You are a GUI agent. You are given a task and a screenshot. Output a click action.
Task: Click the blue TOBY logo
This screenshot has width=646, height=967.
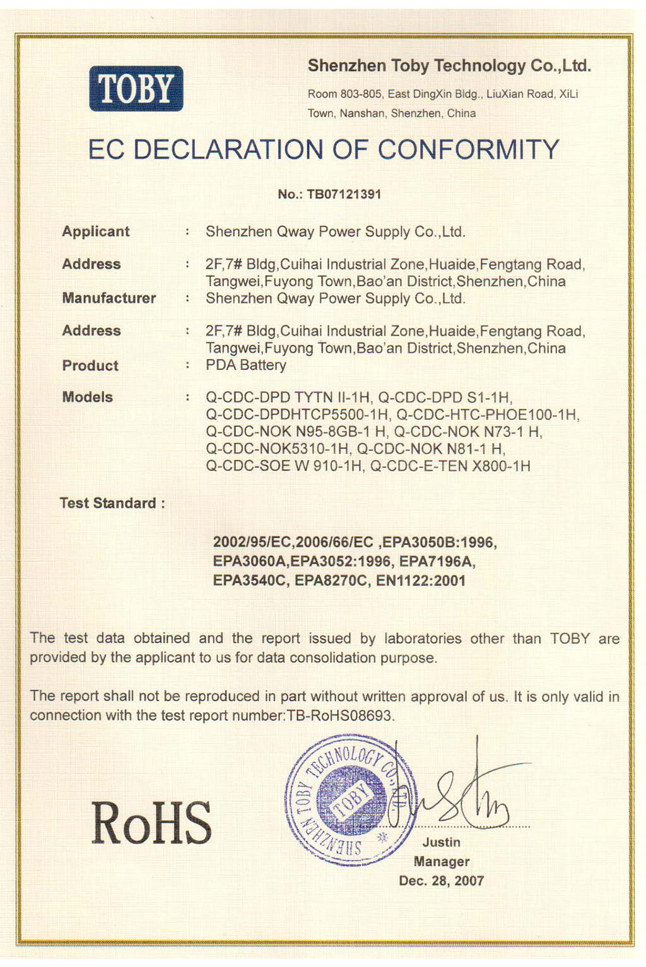[136, 89]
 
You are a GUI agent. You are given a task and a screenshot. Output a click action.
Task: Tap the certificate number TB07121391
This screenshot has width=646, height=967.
[344, 194]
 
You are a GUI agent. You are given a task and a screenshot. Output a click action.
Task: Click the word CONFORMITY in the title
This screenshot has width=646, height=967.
[468, 150]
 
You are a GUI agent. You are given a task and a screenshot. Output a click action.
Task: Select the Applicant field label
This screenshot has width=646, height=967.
[96, 231]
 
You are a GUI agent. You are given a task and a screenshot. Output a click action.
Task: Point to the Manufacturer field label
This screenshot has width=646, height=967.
[109, 298]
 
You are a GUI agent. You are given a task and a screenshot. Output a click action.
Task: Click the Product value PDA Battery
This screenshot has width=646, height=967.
[246, 365]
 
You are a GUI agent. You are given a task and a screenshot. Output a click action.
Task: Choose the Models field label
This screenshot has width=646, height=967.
[88, 397]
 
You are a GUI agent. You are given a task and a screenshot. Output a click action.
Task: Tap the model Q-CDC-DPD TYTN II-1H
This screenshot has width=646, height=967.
[288, 398]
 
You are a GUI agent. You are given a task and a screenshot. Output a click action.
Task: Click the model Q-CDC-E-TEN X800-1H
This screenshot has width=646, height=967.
[450, 466]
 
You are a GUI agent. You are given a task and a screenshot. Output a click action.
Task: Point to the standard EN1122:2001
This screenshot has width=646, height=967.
[421, 581]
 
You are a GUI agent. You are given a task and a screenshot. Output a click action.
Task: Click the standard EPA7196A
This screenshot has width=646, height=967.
[437, 561]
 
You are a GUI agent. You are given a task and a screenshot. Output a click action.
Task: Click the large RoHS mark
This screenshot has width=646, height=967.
[151, 823]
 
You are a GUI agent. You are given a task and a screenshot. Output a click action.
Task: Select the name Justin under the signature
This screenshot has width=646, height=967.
[442, 843]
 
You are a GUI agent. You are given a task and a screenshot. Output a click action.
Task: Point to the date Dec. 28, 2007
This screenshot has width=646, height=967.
[442, 881]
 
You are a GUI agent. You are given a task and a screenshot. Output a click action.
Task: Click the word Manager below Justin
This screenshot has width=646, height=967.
[442, 862]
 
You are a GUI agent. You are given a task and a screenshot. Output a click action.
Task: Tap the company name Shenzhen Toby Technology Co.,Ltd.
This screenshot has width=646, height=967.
[449, 66]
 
